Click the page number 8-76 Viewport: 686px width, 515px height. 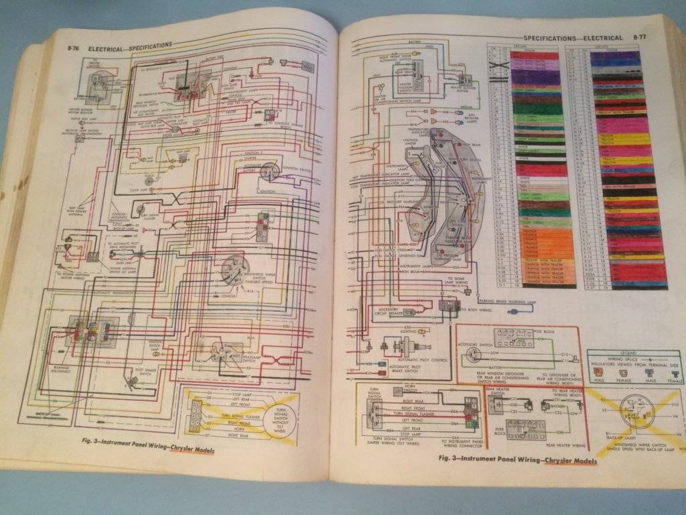click(75, 49)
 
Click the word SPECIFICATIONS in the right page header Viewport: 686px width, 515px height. click(550, 38)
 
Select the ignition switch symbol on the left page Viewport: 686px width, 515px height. click(271, 172)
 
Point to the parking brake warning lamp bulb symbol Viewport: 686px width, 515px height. click(478, 292)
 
